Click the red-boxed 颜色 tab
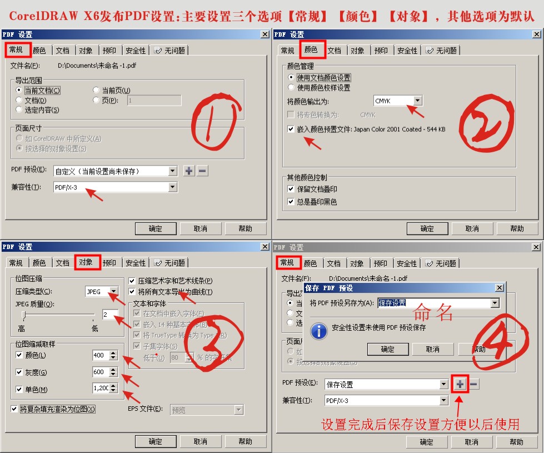(x=311, y=50)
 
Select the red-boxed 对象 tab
(x=86, y=262)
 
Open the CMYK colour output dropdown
(x=417, y=101)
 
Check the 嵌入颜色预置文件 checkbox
(x=291, y=129)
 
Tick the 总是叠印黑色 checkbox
(x=291, y=202)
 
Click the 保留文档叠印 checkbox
(x=291, y=189)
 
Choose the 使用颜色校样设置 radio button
(x=291, y=87)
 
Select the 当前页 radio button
(x=96, y=90)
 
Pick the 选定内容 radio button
(x=19, y=109)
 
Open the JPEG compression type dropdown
(x=113, y=291)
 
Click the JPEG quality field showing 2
(x=109, y=315)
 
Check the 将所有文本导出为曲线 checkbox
(x=132, y=292)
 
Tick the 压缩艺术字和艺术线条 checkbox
(x=132, y=281)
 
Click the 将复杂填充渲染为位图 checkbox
(x=14, y=409)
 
